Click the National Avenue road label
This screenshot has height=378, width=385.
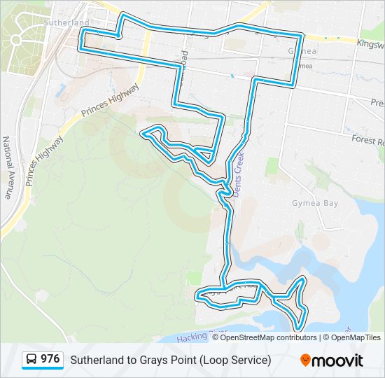click(8, 167)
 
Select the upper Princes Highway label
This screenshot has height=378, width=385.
click(111, 101)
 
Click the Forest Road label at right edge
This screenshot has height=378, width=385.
click(368, 140)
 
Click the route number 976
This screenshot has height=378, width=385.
click(50, 359)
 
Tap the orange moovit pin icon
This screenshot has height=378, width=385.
click(305, 360)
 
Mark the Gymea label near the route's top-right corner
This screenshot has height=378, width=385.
click(302, 52)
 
